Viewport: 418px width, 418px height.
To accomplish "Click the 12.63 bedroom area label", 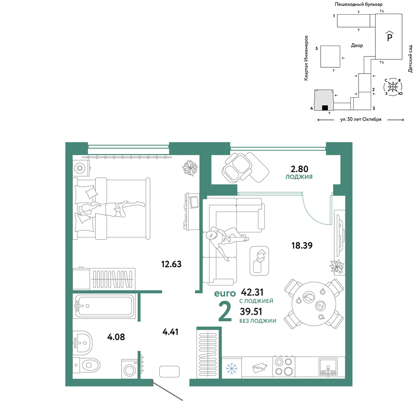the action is tap(171, 264).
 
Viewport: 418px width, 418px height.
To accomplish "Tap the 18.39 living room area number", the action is tap(302, 245).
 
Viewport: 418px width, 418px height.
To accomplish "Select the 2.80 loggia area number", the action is tap(299, 169).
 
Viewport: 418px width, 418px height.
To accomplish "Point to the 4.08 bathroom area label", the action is tap(116, 337).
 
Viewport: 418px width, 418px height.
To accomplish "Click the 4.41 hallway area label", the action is tap(171, 332).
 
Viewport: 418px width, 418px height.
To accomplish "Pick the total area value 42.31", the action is tap(252, 292).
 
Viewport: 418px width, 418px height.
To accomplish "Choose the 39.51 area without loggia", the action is tap(251, 311).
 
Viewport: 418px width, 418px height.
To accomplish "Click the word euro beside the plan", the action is tap(225, 293).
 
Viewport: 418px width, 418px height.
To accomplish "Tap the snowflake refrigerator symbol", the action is tap(232, 368).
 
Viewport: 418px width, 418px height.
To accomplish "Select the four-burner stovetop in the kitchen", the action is tap(284, 367).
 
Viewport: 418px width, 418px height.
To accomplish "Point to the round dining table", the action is tap(313, 304).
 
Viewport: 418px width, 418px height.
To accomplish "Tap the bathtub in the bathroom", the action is tap(104, 306).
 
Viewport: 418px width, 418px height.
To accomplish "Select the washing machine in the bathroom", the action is tap(129, 369).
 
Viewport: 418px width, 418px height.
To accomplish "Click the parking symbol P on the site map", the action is tap(390, 36).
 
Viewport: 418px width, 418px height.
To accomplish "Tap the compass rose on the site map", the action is tap(393, 87).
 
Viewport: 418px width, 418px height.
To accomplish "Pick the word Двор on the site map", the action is tap(357, 46).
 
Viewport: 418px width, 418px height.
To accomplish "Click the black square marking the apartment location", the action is tap(325, 108).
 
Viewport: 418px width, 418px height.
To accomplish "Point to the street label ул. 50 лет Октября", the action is tap(361, 120).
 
